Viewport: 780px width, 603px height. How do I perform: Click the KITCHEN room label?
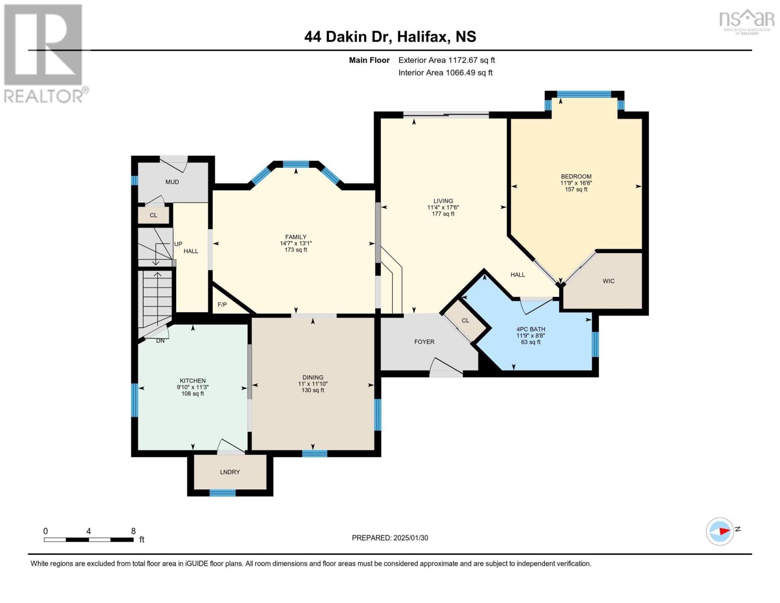pyautogui.click(x=193, y=381)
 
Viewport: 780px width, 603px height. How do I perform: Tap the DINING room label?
pyautogui.click(x=313, y=377)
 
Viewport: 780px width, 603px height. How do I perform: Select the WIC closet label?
pyautogui.click(x=608, y=281)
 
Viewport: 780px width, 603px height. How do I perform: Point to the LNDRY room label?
pyautogui.click(x=230, y=472)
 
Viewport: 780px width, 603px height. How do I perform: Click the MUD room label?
pyautogui.click(x=172, y=182)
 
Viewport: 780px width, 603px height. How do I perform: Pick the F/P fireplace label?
pyautogui.click(x=222, y=305)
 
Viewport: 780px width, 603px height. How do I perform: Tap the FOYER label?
pyautogui.click(x=424, y=342)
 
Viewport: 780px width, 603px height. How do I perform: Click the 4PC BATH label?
pyautogui.click(x=531, y=329)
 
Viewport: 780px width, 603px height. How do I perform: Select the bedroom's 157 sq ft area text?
pyautogui.click(x=576, y=189)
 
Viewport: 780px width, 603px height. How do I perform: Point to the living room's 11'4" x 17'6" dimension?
pyautogui.click(x=443, y=208)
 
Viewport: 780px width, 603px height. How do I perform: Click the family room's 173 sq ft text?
pyautogui.click(x=296, y=250)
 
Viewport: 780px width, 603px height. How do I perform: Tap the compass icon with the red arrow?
pyautogui.click(x=720, y=531)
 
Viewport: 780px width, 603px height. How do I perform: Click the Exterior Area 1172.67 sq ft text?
pyautogui.click(x=447, y=60)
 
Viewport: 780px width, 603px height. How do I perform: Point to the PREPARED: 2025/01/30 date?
pyautogui.click(x=390, y=538)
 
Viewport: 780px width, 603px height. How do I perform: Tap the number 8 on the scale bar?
pyautogui.click(x=133, y=531)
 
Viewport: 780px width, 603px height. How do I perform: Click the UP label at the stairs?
pyautogui.click(x=178, y=244)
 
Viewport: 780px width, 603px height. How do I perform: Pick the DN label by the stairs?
pyautogui.click(x=160, y=341)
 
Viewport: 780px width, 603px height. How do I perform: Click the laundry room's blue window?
pyautogui.click(x=222, y=493)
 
